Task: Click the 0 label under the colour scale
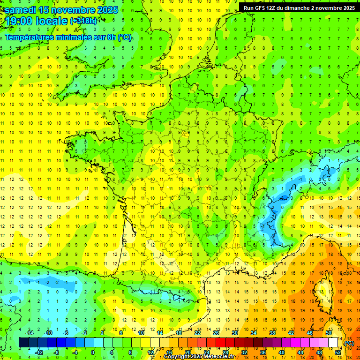[92, 352]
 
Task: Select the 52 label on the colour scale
[338, 352]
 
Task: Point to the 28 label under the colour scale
[225, 352]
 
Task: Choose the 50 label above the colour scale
[328, 333]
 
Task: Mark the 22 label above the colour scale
[197, 333]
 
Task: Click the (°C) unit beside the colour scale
[349, 343]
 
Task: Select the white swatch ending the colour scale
[333, 343]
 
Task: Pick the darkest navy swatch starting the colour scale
[23, 343]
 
